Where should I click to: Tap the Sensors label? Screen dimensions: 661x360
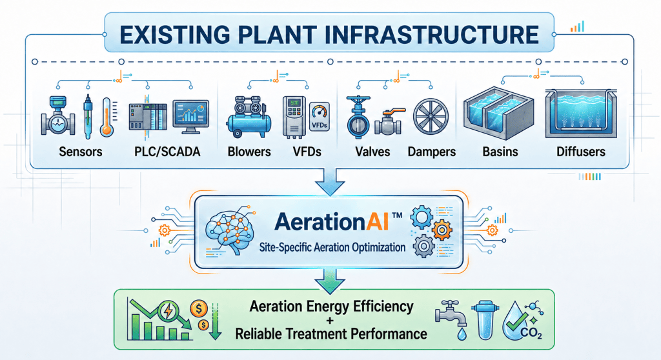[81, 152]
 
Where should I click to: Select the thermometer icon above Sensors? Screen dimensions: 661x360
[107, 117]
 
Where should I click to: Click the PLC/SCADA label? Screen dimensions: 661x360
[167, 152]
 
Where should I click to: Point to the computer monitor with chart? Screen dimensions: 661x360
[190, 117]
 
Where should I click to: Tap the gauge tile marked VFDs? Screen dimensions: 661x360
[320, 117]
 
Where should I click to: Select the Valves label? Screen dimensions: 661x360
[372, 152]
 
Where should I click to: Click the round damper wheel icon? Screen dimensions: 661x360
[431, 117]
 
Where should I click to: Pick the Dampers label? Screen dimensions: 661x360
[432, 152]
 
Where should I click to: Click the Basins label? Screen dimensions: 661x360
[500, 152]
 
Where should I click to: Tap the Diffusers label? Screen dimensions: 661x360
[581, 152]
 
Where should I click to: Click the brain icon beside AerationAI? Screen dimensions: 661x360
[230, 230]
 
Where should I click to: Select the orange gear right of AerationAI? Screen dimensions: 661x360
[442, 230]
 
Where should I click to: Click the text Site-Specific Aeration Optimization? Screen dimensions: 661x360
[332, 247]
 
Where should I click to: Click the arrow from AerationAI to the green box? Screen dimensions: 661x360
[330, 281]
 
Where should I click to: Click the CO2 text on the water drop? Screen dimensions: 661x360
[531, 333]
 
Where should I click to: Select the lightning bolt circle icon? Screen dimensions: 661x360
[168, 312]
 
